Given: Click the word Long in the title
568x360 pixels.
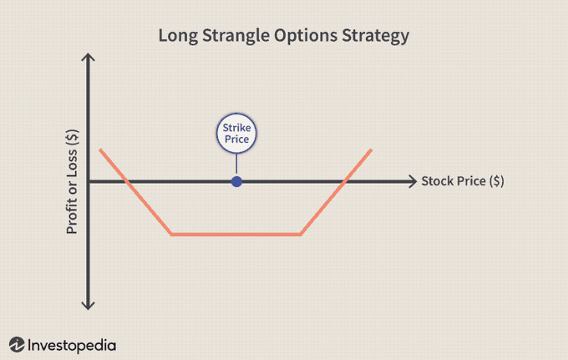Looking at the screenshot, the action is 178,36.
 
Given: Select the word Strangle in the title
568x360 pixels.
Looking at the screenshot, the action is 236,36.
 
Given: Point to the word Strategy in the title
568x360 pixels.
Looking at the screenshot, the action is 376,36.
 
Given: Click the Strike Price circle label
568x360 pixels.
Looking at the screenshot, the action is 236,134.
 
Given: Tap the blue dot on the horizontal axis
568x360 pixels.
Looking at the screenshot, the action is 236,181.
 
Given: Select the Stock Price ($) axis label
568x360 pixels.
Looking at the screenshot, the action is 463,181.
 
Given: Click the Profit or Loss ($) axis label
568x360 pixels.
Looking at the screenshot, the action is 72,181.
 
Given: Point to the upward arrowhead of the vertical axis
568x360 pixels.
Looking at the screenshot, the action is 88,57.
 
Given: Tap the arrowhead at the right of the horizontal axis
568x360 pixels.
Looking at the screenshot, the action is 413,181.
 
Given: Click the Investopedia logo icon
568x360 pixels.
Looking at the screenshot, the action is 17,344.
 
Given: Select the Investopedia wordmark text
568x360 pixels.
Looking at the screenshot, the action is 72,345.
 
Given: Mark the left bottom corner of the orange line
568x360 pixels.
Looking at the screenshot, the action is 172,235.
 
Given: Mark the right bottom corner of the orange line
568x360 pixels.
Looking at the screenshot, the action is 301,235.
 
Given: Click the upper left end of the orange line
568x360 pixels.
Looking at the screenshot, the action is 100,150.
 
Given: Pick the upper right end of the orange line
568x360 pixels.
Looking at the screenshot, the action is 372,150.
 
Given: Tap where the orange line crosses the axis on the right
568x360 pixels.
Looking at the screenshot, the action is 344,181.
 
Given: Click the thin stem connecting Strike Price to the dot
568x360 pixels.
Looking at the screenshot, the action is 236,165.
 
